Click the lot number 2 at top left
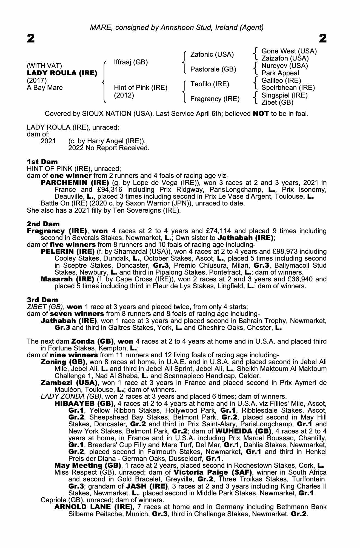(x=31, y=39)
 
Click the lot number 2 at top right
(x=323, y=39)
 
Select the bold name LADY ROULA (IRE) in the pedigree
(x=62, y=73)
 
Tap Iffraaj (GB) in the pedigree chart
(x=131, y=62)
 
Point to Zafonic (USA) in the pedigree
(x=212, y=55)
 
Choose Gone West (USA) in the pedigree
(x=289, y=51)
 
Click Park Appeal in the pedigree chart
(x=280, y=73)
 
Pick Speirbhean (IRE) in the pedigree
(x=288, y=88)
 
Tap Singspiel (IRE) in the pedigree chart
(x=284, y=95)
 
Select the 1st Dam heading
(x=42, y=162)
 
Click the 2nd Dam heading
(x=43, y=224)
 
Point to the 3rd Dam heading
(x=43, y=300)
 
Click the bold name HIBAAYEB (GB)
(x=84, y=404)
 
